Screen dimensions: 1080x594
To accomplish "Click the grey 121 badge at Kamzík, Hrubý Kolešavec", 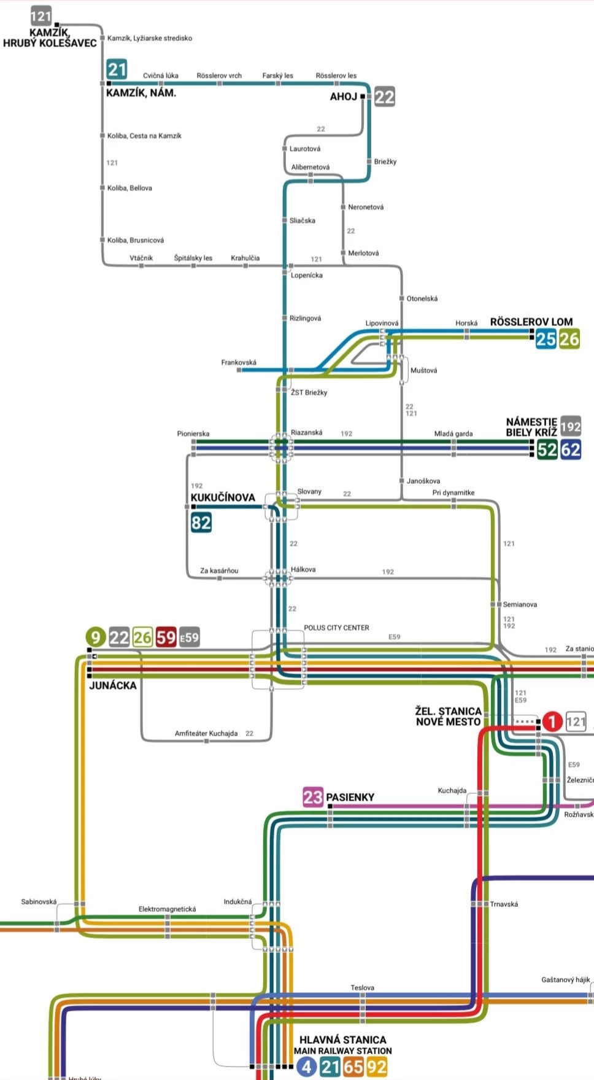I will coord(41,16).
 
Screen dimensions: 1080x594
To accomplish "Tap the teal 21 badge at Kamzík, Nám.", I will coord(117,69).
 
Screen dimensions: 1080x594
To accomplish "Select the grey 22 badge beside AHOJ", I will coord(385,96).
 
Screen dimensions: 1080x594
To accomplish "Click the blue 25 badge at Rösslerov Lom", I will coord(546,339).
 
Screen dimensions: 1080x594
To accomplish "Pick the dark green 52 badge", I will coord(547,449).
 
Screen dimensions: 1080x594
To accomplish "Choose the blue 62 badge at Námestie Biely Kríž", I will coord(570,449).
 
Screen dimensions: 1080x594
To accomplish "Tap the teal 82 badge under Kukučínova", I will coord(201,523).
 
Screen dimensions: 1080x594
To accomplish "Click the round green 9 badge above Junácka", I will coord(95,637).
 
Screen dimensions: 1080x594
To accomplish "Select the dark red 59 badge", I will coord(166,637).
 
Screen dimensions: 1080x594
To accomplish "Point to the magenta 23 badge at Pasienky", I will coord(312,797).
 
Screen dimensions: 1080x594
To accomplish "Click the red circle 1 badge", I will coord(552,721).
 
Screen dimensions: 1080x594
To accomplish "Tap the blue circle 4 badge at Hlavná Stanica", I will coord(306,1066).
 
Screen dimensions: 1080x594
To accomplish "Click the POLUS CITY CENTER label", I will coord(336,627).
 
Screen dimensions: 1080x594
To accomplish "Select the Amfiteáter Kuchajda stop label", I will coord(206,733).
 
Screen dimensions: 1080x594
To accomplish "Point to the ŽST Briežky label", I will coord(309,392).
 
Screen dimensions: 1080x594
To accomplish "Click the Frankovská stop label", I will coord(239,362).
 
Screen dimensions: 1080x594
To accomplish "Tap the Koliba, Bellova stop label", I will coord(129,188).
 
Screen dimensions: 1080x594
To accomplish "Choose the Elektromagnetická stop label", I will coord(167,909).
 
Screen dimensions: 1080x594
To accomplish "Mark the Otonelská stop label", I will coord(422,298).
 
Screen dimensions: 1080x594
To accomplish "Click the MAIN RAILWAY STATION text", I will coord(342,1051).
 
